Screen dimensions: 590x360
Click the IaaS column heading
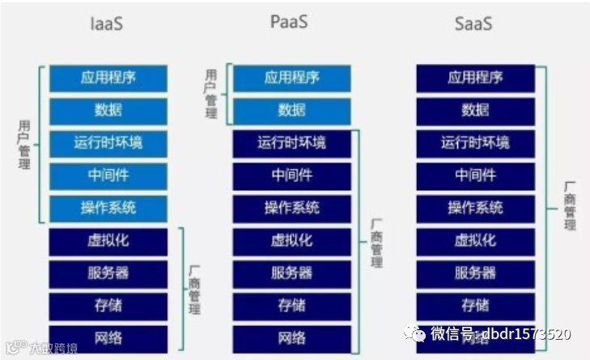107,23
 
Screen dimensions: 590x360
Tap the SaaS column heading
475,23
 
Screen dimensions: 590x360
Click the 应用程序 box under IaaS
108,78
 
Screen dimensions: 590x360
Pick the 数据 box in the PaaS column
291,110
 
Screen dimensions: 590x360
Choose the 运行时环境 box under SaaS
475,143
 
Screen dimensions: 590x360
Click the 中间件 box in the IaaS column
108,176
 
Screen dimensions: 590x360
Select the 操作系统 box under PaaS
291,208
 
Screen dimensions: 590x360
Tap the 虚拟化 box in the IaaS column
108,240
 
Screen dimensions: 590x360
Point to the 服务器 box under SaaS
475,273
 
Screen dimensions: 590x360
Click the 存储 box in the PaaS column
291,305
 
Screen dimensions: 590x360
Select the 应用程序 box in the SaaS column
475,78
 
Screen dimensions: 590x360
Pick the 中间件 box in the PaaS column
291,176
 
